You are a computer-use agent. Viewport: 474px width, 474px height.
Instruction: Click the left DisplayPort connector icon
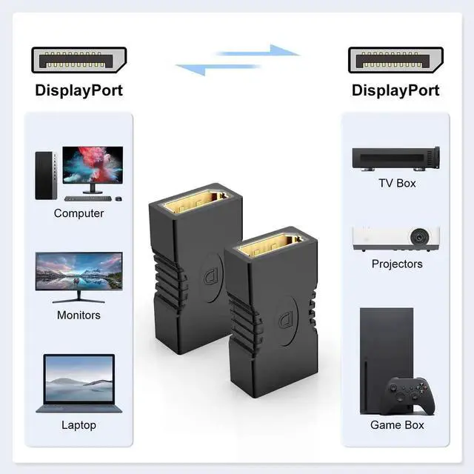(79, 60)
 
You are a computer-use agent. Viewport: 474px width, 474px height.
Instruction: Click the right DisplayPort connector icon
(395, 60)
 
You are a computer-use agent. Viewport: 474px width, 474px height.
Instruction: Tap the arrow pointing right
(259, 51)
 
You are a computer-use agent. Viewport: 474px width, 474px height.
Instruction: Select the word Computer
(79, 213)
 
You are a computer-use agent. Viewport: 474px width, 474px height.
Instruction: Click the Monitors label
(79, 315)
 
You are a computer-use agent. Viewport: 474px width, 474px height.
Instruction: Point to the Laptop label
(79, 425)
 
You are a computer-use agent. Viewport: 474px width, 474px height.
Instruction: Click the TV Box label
(397, 183)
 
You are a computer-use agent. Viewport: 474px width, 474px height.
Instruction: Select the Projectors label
(397, 264)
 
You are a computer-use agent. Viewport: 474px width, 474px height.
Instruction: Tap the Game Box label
(397, 425)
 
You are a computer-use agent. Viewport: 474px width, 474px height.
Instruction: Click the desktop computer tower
(45, 175)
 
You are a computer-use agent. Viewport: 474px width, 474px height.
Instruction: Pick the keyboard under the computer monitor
(87, 198)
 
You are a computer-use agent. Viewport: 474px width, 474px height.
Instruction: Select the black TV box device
(395, 158)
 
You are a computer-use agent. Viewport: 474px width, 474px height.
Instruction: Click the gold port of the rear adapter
(196, 203)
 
